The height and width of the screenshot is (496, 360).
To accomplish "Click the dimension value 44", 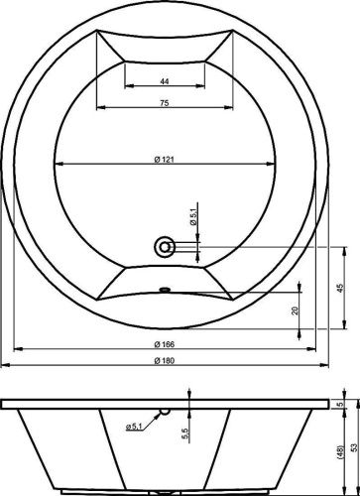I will (166, 80).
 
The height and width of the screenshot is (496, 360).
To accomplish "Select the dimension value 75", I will (166, 102).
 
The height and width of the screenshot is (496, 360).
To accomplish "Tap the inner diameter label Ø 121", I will (166, 157).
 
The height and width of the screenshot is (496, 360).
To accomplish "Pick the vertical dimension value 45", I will (340, 287).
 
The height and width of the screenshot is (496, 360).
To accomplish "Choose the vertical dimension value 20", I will (295, 310).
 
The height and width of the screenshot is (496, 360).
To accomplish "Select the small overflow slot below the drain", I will (166, 292).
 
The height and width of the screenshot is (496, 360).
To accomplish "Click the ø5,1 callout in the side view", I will (138, 428).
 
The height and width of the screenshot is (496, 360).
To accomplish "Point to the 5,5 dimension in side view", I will (186, 433).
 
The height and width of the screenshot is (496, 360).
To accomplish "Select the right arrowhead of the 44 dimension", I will (203, 87).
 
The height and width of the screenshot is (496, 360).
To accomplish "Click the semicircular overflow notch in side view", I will (167, 411).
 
